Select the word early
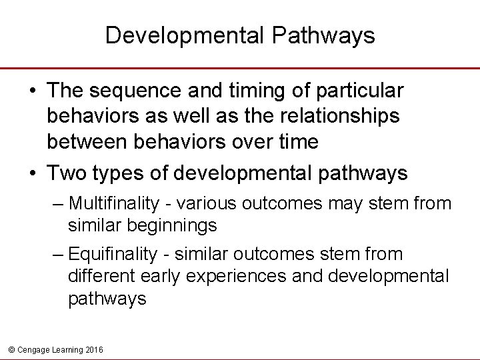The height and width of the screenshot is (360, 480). coord(157,277)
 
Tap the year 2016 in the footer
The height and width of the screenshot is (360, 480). coord(94,349)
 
